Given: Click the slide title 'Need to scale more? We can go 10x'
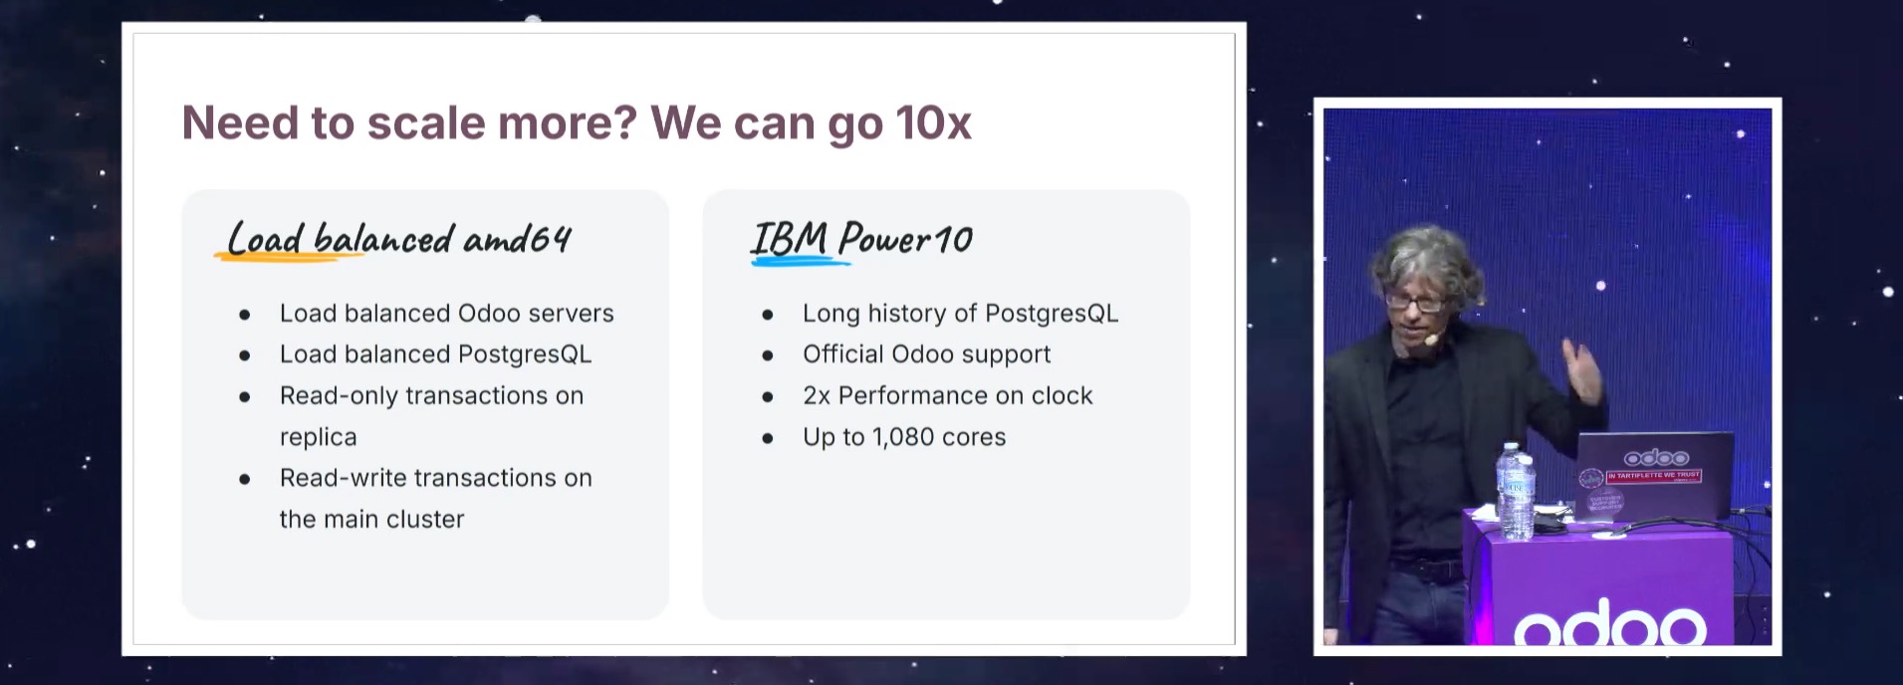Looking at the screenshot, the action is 577,123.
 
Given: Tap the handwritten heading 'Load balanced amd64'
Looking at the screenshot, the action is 398,239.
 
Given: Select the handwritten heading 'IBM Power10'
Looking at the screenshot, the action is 861,238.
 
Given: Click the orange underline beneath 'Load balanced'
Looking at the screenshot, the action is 289,257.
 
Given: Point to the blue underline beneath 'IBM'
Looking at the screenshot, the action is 801,262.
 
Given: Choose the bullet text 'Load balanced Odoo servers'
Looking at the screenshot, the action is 446,314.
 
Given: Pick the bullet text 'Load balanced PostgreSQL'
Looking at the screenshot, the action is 435,354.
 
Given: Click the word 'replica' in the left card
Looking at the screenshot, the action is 318,438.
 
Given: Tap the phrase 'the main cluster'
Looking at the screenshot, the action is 371,520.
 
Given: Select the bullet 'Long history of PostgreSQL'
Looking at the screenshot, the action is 960,314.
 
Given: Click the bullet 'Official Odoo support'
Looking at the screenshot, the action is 926,354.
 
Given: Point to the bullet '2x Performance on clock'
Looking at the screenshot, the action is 947,395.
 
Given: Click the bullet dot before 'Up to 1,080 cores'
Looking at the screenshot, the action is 767,438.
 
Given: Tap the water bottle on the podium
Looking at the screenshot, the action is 1515,492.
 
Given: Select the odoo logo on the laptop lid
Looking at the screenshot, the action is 1656,458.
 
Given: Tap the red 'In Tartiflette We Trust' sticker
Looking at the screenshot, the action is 1653,476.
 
